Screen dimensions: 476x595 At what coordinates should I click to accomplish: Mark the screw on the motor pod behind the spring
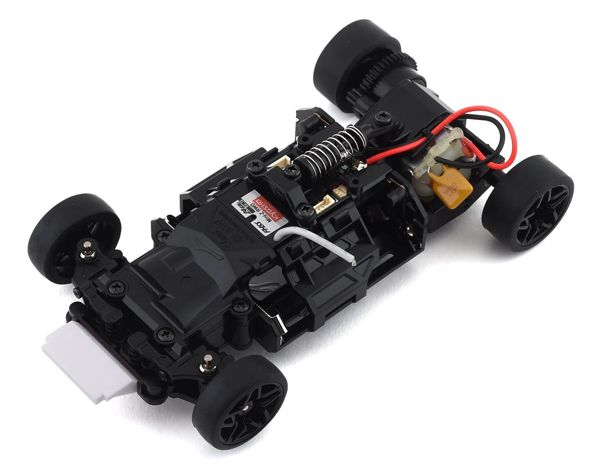[x=383, y=118]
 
